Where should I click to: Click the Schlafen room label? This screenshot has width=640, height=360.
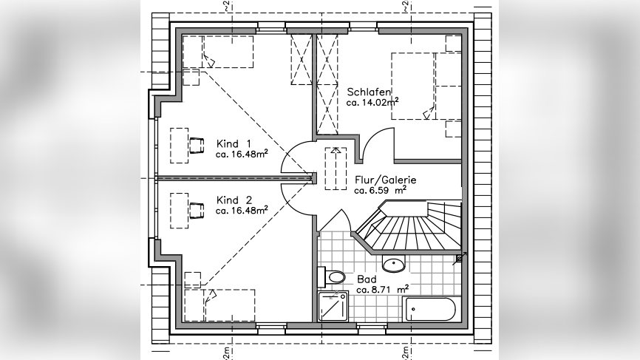point(369,92)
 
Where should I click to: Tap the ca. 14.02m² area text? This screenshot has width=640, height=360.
point(372,103)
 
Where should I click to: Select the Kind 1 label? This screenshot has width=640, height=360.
point(234,143)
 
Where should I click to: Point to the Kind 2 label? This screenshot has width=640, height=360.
point(234,200)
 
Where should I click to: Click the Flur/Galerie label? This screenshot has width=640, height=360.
point(385,180)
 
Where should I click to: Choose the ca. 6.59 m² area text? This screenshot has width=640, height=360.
point(380,190)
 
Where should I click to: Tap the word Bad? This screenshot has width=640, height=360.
point(367,279)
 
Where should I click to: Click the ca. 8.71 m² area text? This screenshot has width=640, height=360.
point(382,290)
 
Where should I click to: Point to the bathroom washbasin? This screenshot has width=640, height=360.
point(393,263)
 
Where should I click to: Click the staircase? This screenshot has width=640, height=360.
point(410,228)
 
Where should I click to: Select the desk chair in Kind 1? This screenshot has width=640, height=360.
point(196,145)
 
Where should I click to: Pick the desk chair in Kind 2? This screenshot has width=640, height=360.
point(196,211)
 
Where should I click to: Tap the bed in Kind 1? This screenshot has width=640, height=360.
point(218,52)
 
